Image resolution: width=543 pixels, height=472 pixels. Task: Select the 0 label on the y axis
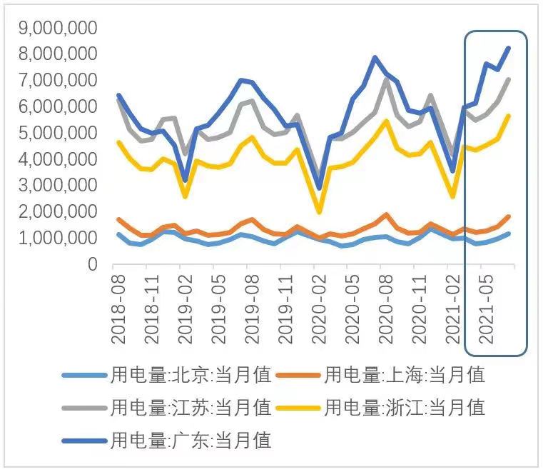[92, 265]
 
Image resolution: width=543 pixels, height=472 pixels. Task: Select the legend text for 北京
[191, 374]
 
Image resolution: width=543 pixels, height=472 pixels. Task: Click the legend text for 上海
[405, 374]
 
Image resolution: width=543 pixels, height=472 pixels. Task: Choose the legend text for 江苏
[191, 408]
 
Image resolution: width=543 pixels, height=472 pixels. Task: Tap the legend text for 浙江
[405, 408]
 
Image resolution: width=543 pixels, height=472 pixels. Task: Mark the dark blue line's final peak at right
[509, 48]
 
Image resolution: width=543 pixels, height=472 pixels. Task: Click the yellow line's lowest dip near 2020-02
[319, 212]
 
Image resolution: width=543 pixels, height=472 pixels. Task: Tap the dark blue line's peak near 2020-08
[375, 57]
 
